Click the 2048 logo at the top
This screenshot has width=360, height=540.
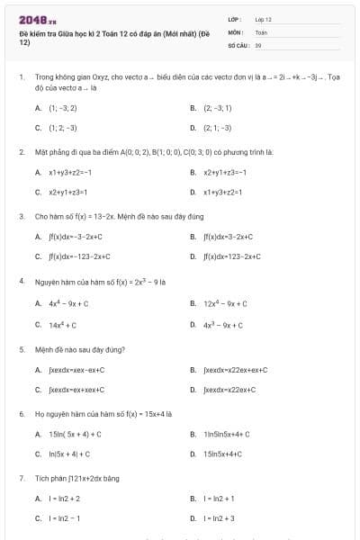tap(31, 20)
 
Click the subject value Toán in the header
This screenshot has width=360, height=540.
tap(261, 31)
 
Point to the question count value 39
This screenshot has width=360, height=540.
tap(258, 44)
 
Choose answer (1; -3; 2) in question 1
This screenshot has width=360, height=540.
tap(56, 107)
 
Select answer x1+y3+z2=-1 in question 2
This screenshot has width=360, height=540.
tap(63, 172)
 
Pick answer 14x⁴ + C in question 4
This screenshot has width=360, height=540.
tap(56, 324)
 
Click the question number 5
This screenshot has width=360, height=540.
tap(22, 348)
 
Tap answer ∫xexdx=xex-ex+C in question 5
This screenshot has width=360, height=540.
tap(70, 370)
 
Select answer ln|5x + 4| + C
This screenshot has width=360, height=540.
tap(63, 454)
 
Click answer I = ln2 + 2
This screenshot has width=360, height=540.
tap(58, 499)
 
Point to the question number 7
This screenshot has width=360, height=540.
tap(22, 478)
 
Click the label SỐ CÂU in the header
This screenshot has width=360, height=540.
tap(238, 44)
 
